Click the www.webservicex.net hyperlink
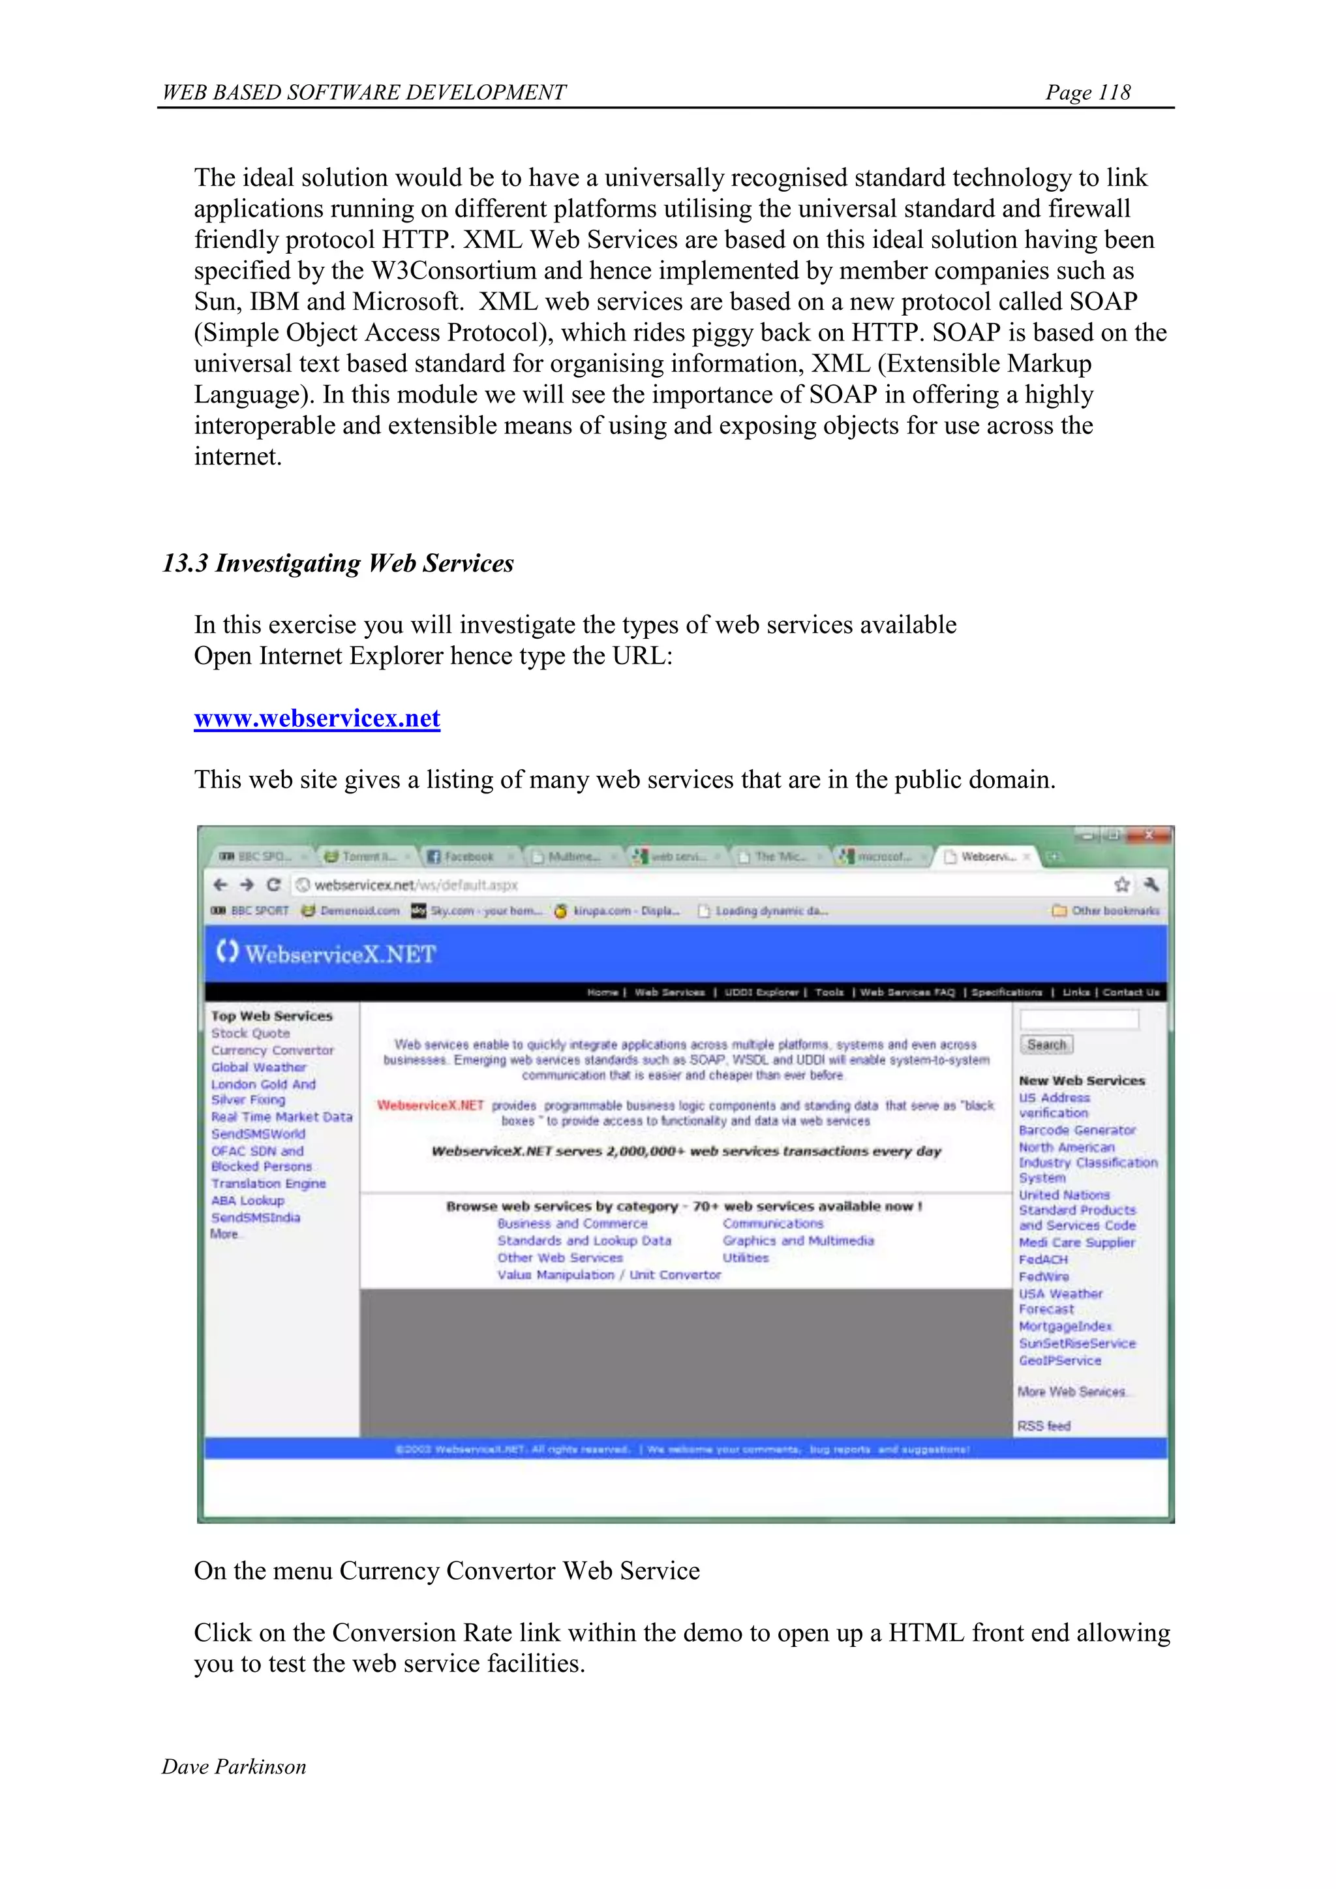click(x=317, y=718)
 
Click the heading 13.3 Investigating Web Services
click(x=337, y=564)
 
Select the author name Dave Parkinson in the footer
click(x=234, y=1766)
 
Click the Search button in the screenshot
click(x=1046, y=1045)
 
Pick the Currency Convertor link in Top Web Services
click(x=272, y=1051)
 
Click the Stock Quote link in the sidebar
click(x=250, y=1034)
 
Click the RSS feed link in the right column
click(x=1044, y=1426)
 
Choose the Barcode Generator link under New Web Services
click(x=1077, y=1130)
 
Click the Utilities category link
click(x=746, y=1258)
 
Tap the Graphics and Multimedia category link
click(x=798, y=1240)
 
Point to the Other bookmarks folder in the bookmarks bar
click(x=1106, y=911)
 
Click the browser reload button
click(x=274, y=884)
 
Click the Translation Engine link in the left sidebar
click(x=268, y=1183)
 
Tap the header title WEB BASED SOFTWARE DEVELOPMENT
click(x=363, y=92)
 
